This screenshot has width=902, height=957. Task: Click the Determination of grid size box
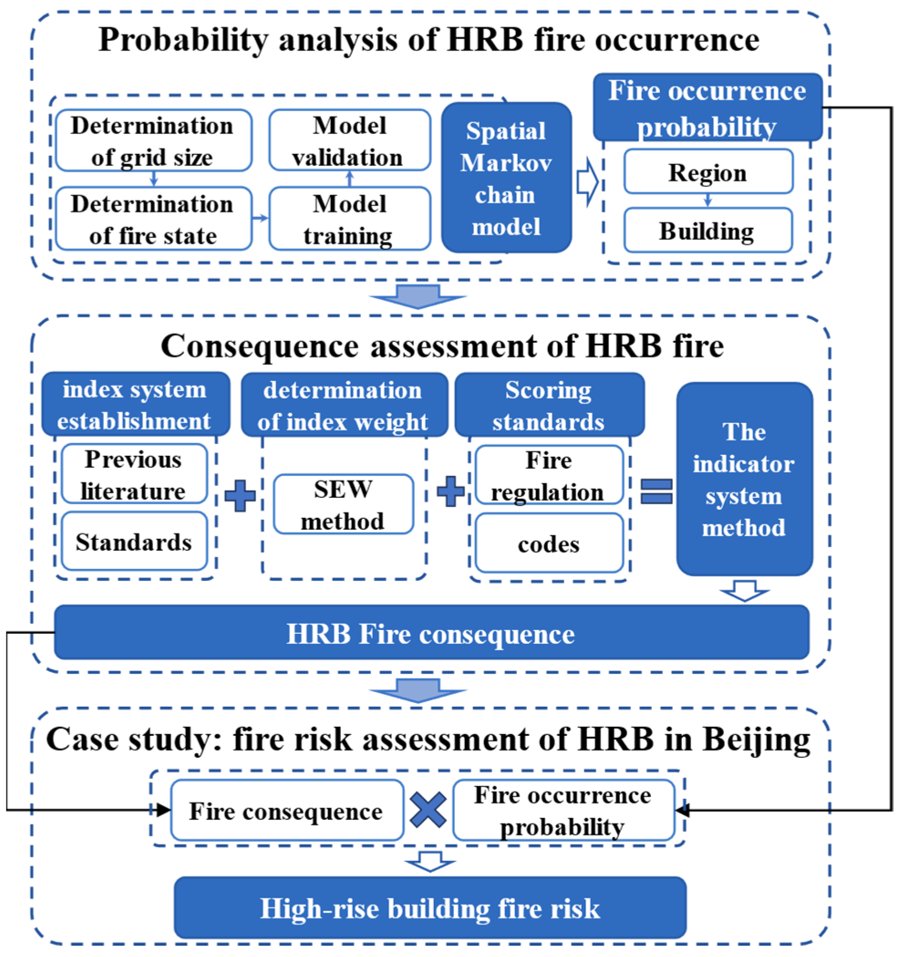click(154, 140)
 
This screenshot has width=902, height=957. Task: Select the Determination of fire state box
click(154, 219)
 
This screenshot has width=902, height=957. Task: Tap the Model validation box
click(350, 140)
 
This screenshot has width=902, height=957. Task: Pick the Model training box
click(350, 219)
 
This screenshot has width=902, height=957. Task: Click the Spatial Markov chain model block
click(506, 178)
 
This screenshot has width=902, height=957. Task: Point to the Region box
click(708, 172)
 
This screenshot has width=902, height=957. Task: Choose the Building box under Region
click(708, 231)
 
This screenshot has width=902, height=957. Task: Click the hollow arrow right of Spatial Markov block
click(587, 183)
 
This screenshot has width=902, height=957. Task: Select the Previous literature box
click(134, 474)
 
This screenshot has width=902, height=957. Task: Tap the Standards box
click(134, 542)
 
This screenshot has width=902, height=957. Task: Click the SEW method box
click(343, 505)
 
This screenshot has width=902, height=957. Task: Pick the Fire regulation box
click(549, 475)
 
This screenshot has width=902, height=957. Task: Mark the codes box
click(549, 544)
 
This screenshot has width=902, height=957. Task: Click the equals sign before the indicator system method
click(656, 491)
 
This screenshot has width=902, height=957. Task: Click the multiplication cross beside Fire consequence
click(428, 811)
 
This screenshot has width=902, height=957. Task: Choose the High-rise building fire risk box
click(430, 908)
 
